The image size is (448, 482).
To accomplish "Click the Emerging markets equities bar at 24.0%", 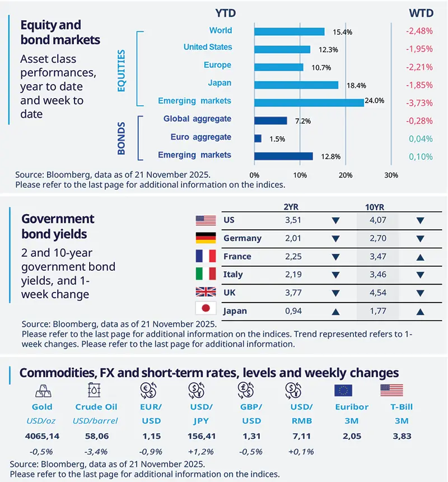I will [309, 101].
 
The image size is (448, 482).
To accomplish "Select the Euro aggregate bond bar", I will [258, 138].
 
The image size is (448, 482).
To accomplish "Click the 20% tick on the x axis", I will [346, 175].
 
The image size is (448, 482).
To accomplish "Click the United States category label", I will [208, 48].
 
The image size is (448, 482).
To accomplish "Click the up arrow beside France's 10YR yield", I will [421, 257].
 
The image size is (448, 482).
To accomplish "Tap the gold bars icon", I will [43, 390].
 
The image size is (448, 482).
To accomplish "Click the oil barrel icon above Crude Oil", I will [93, 390].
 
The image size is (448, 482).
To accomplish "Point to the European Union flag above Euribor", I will [343, 390].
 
